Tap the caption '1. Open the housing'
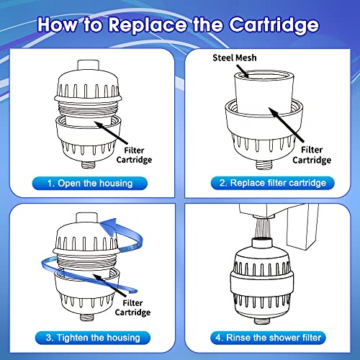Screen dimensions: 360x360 [90, 183]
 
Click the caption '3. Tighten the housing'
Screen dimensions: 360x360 [90, 337]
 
